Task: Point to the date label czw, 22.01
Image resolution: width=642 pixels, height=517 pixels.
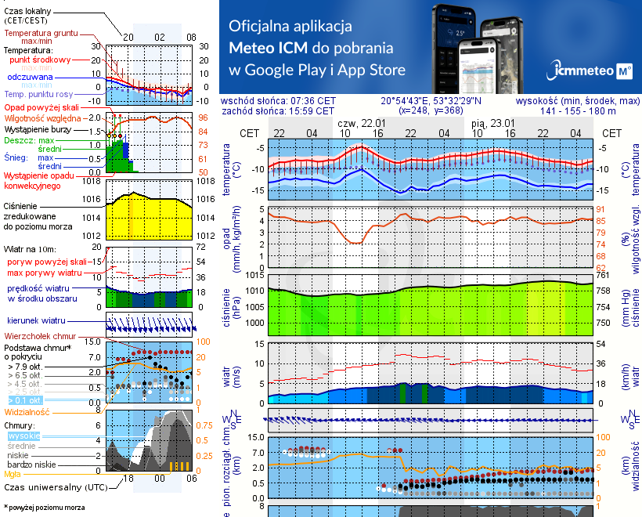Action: tap(359, 124)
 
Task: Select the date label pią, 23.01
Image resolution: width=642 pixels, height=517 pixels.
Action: tap(494, 124)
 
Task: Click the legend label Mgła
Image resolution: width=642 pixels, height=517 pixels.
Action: tap(13, 474)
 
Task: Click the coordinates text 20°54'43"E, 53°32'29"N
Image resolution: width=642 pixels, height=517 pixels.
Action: tap(431, 101)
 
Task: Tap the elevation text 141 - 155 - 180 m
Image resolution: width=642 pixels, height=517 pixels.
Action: tap(580, 111)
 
